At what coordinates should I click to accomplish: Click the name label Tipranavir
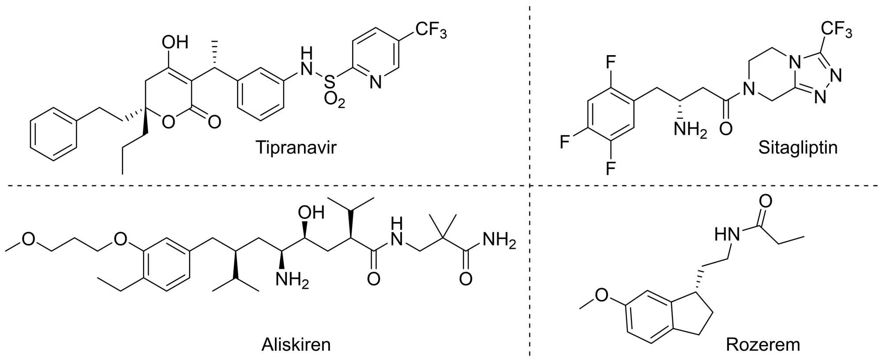296,147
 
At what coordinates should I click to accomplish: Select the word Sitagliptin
798,147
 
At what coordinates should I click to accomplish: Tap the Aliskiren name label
296,344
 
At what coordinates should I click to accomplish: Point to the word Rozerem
763,344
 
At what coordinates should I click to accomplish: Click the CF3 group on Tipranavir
431,31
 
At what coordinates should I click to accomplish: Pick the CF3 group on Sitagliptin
836,31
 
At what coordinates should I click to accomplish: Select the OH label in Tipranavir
175,43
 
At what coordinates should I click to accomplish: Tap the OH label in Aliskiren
311,213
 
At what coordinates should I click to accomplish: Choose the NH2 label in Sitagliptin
690,130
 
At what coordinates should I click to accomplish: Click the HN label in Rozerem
727,234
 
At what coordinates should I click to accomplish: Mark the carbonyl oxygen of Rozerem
765,201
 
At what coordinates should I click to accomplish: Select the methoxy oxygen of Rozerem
602,295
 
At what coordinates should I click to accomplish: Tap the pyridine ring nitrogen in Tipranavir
375,82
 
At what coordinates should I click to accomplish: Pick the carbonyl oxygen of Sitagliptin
726,129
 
